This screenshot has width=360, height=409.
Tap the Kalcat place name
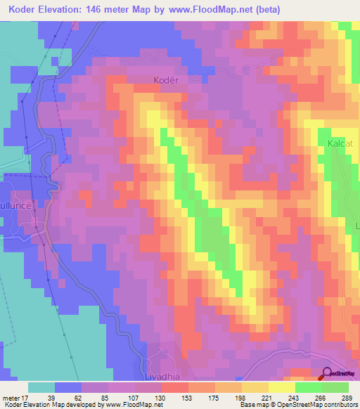coord(339,143)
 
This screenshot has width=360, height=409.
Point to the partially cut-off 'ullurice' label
coord(14,210)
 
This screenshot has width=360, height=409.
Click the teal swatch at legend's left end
coord(41,387)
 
